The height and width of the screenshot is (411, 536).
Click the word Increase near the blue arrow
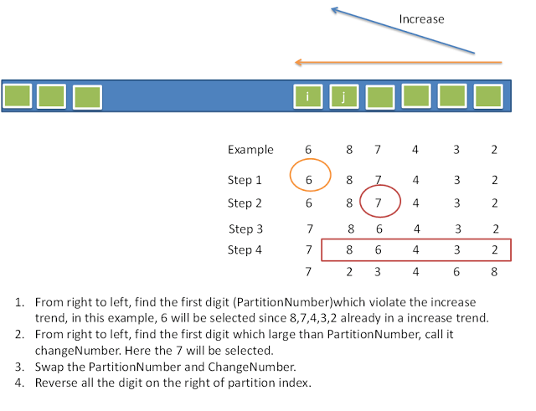[x=421, y=19]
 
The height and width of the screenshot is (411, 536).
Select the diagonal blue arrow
[x=402, y=33]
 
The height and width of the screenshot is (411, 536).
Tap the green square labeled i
[x=308, y=97]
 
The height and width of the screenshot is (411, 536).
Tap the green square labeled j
[x=343, y=97]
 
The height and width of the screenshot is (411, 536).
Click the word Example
[x=250, y=150]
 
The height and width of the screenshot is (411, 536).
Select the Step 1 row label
[x=245, y=180]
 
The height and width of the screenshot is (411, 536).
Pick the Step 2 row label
[x=245, y=203]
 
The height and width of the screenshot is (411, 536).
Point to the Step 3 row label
[x=245, y=229]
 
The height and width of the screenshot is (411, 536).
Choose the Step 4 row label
[x=245, y=249]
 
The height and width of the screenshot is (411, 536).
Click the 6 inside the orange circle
[x=308, y=180]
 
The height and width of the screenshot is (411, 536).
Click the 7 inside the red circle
[x=379, y=203]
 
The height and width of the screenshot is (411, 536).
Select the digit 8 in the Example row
[x=349, y=150]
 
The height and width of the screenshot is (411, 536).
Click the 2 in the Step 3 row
[x=495, y=229]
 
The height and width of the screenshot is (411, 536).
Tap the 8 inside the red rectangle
[x=349, y=249]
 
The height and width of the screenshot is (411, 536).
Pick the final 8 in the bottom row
[x=495, y=272]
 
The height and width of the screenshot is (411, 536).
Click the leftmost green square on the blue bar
[x=18, y=96]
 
